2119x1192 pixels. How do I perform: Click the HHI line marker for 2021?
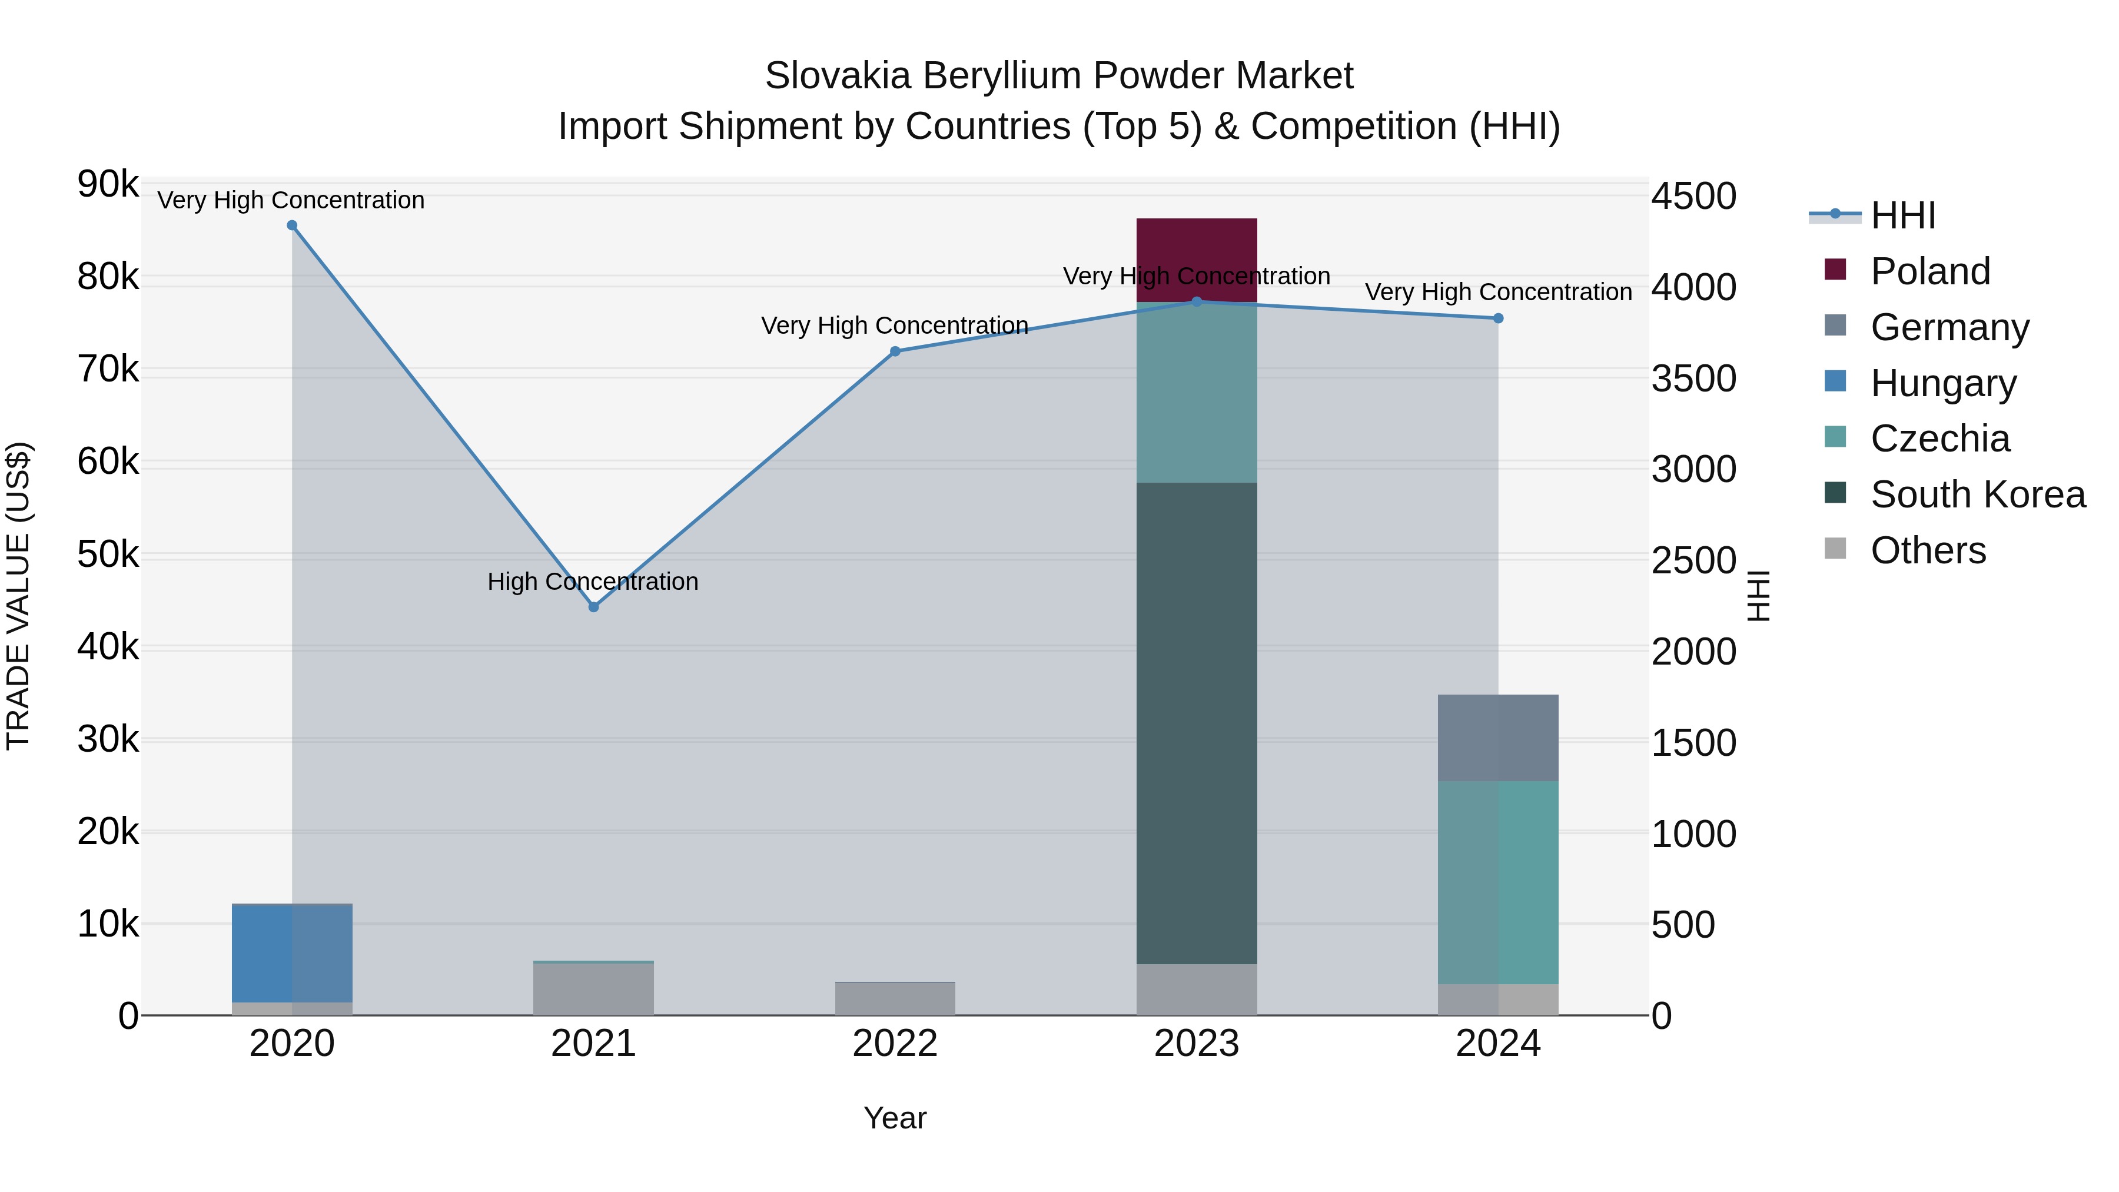[593, 607]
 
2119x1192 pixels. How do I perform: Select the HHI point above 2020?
[292, 225]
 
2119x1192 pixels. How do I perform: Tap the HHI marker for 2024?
[1498, 318]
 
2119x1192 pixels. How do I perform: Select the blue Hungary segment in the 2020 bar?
[292, 952]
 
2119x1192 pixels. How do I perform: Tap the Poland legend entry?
[1930, 271]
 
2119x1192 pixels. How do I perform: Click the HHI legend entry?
[1902, 215]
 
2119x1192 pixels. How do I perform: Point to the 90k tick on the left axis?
[108, 184]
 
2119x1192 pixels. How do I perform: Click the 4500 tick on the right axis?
[1693, 197]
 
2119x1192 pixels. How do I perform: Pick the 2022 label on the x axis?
[895, 1044]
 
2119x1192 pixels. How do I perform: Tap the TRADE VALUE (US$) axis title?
[19, 596]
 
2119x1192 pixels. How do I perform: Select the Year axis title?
[895, 1118]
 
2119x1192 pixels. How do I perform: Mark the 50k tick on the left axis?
[108, 555]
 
